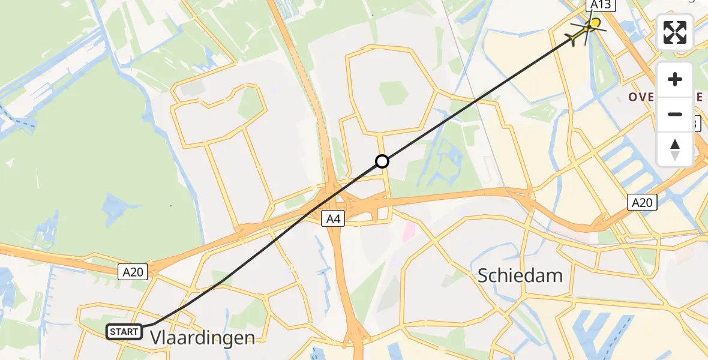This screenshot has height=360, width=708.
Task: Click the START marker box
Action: [124, 331]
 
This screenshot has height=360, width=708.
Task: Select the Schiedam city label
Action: [520, 275]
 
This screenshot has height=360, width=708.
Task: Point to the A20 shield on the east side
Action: [641, 203]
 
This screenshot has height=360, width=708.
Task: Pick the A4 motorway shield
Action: [334, 219]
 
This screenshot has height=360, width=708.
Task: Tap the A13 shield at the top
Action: [600, 5]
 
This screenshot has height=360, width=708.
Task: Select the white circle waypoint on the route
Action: [382, 161]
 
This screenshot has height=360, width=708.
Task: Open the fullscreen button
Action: [675, 32]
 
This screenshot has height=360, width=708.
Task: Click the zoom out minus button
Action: [675, 114]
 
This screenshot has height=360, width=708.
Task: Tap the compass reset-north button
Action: [675, 149]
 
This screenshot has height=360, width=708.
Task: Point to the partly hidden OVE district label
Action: [642, 97]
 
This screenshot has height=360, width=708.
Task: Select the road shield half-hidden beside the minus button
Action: [696, 124]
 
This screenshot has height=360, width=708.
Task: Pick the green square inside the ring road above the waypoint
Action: [394, 93]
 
